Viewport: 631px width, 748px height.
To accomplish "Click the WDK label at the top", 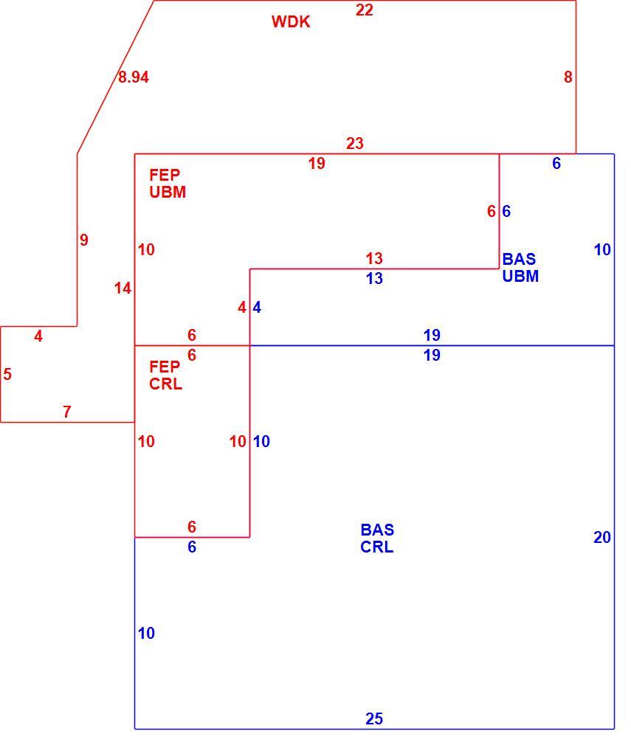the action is (291, 21).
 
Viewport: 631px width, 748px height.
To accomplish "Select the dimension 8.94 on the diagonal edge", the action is (134, 77).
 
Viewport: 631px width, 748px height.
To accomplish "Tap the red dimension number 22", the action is (364, 10).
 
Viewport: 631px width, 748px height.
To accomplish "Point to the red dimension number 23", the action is (355, 143).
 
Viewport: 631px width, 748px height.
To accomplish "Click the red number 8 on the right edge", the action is (568, 77).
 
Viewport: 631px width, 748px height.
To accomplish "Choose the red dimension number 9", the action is (84, 240).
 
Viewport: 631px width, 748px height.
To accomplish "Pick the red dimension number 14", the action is (123, 288).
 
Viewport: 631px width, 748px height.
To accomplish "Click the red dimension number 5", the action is (7, 374).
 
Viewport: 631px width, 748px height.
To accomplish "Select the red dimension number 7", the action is (67, 411).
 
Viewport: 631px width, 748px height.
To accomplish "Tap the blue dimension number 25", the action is (374, 718).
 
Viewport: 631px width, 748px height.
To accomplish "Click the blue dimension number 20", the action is (602, 537).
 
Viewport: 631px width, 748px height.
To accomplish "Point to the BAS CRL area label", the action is (377, 538).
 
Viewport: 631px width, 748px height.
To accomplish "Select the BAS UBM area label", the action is (520, 268).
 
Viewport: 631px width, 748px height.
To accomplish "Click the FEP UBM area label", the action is (168, 184).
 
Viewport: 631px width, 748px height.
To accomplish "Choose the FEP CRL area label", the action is (165, 375).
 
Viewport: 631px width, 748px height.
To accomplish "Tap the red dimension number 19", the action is (317, 163).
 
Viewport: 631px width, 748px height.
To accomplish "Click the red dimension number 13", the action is (374, 258).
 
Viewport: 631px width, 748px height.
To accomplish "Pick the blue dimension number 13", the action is (374, 278).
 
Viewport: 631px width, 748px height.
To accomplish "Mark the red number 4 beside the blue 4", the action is (242, 307).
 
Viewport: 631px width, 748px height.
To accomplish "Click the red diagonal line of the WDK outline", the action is (116, 77).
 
